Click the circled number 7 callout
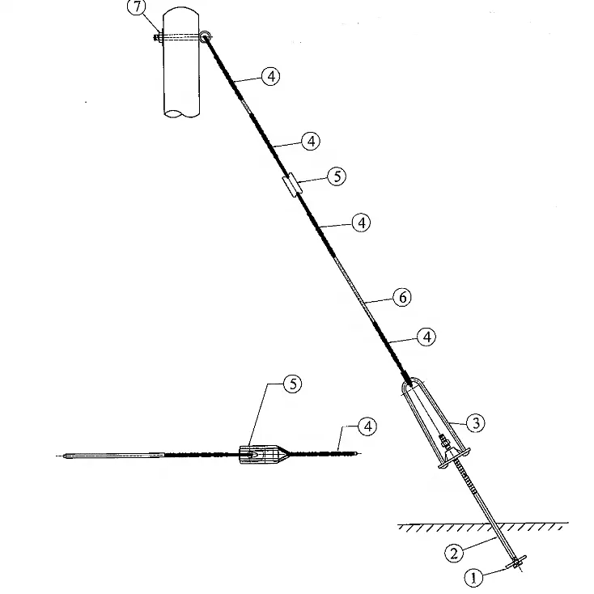(137, 7)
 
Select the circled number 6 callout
(402, 297)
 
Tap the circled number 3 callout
(476, 422)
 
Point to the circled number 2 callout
(454, 553)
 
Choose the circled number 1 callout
(473, 578)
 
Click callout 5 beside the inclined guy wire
(337, 176)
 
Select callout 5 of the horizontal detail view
(293, 384)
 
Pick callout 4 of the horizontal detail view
(367, 426)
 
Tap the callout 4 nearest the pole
(271, 76)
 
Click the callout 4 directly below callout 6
(426, 337)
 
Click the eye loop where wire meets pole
(205, 36)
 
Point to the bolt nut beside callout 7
(157, 37)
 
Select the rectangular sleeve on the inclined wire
(293, 185)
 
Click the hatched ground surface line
(483, 526)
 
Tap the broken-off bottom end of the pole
(181, 112)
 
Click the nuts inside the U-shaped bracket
(444, 440)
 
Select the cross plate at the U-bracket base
(454, 457)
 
